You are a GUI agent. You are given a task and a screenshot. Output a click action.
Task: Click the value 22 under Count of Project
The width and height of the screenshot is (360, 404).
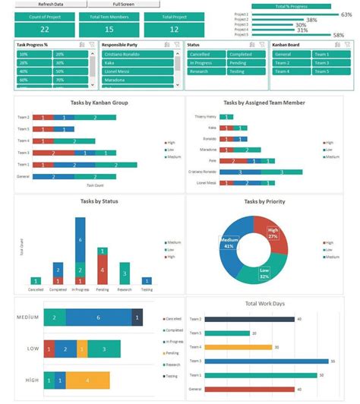point(45,30)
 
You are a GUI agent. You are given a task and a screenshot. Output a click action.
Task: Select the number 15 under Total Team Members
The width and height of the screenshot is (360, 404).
point(109,30)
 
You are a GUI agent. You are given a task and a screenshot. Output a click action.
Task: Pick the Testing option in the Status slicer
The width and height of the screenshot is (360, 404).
point(245,71)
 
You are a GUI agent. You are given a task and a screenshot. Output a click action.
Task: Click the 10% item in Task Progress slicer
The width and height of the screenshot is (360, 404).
point(34,55)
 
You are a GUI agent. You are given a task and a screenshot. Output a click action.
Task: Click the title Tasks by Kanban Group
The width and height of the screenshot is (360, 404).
point(93,103)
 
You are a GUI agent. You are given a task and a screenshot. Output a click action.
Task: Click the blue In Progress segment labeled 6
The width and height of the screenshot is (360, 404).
point(80,240)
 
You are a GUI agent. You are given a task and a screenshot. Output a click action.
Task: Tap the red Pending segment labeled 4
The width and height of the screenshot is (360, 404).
point(102,270)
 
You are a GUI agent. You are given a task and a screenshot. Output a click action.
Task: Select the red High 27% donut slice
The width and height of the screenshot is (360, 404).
point(272,234)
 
